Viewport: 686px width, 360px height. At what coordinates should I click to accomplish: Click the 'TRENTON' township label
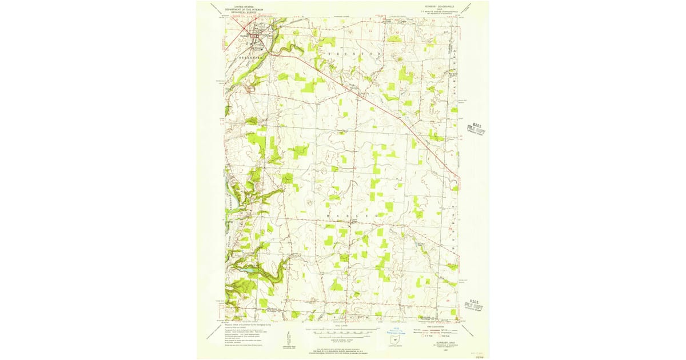[x=354, y=53]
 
